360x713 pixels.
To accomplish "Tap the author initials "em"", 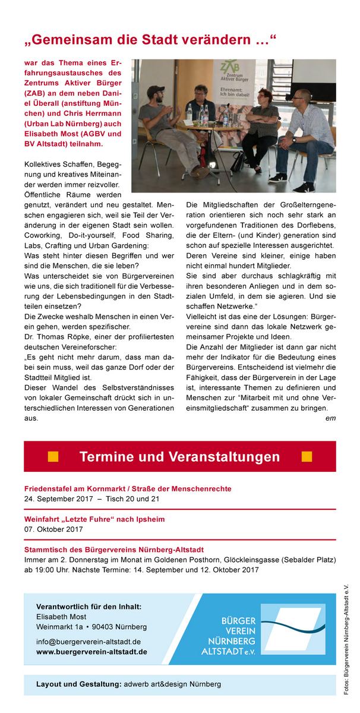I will [331, 418].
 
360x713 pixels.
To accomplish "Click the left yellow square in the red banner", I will [53, 456].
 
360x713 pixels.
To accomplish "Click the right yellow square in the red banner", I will [307, 456].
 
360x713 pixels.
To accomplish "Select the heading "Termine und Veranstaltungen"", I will [179, 457].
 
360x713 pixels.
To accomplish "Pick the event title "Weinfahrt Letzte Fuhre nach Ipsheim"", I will [94, 519].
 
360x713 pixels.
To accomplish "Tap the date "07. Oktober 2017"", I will [53, 529].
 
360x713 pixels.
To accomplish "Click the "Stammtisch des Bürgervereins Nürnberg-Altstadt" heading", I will [114, 550].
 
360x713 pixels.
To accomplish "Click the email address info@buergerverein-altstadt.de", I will [89, 641].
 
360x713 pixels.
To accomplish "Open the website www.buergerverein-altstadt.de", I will [91, 651].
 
